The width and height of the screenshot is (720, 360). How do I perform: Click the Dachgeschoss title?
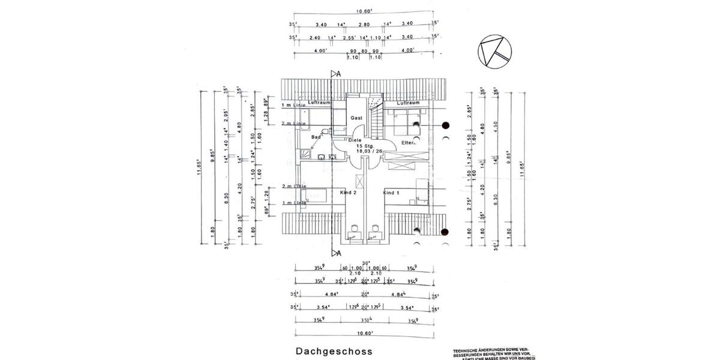pos(334,352)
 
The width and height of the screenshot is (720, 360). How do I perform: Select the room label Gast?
pos(356,118)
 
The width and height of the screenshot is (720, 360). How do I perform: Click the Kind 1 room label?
pos(391,193)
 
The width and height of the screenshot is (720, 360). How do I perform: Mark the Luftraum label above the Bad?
pos(320,103)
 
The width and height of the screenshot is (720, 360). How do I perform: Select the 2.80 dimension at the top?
pos(364,25)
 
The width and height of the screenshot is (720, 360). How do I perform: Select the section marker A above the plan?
pos(339,74)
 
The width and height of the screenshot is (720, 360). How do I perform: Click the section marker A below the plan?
pos(339,253)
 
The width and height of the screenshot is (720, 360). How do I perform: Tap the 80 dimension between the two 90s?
pos(364,52)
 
